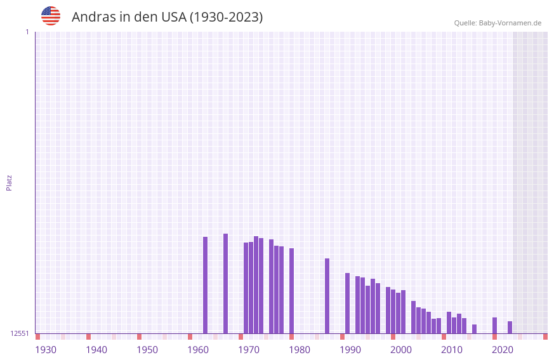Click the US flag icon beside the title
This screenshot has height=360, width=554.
click(x=51, y=16)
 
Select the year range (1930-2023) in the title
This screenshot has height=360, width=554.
click(x=226, y=17)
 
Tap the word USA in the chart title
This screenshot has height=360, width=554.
click(x=173, y=17)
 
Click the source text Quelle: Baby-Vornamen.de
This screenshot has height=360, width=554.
click(x=498, y=23)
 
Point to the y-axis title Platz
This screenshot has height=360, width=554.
click(x=9, y=182)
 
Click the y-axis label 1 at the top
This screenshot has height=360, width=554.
click(x=27, y=32)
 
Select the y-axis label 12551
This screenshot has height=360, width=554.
click(x=20, y=333)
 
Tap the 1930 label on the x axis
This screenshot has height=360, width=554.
click(x=46, y=350)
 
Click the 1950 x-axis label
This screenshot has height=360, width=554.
click(x=147, y=350)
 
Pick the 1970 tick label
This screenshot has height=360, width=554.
click(x=249, y=350)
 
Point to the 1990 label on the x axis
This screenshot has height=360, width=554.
click(x=350, y=350)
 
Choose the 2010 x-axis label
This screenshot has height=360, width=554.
click(x=452, y=350)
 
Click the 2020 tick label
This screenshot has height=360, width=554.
click(x=503, y=350)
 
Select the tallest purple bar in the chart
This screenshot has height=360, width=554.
click(x=225, y=283)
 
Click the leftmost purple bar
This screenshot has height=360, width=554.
click(x=205, y=285)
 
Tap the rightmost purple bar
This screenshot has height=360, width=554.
click(x=510, y=327)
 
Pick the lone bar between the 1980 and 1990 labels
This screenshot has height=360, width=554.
click(x=327, y=296)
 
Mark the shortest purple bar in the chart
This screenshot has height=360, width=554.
click(x=474, y=329)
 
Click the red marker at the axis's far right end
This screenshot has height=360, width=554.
click(x=545, y=337)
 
